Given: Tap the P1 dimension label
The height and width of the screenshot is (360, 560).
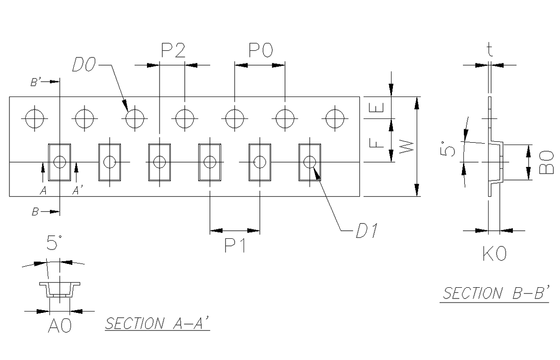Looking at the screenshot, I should [235, 246].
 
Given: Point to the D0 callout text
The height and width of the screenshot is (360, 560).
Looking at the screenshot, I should [84, 66].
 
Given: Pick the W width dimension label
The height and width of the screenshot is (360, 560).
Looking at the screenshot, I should [406, 147].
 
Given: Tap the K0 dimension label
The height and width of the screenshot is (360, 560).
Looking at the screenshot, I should [495, 255].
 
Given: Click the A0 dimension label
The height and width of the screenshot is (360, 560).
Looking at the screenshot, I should [60, 327].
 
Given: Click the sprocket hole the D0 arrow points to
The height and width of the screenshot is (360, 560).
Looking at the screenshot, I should [134, 118].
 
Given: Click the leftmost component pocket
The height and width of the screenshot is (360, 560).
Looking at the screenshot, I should [60, 162].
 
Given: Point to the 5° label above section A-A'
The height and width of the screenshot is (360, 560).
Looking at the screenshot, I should [55, 243].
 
